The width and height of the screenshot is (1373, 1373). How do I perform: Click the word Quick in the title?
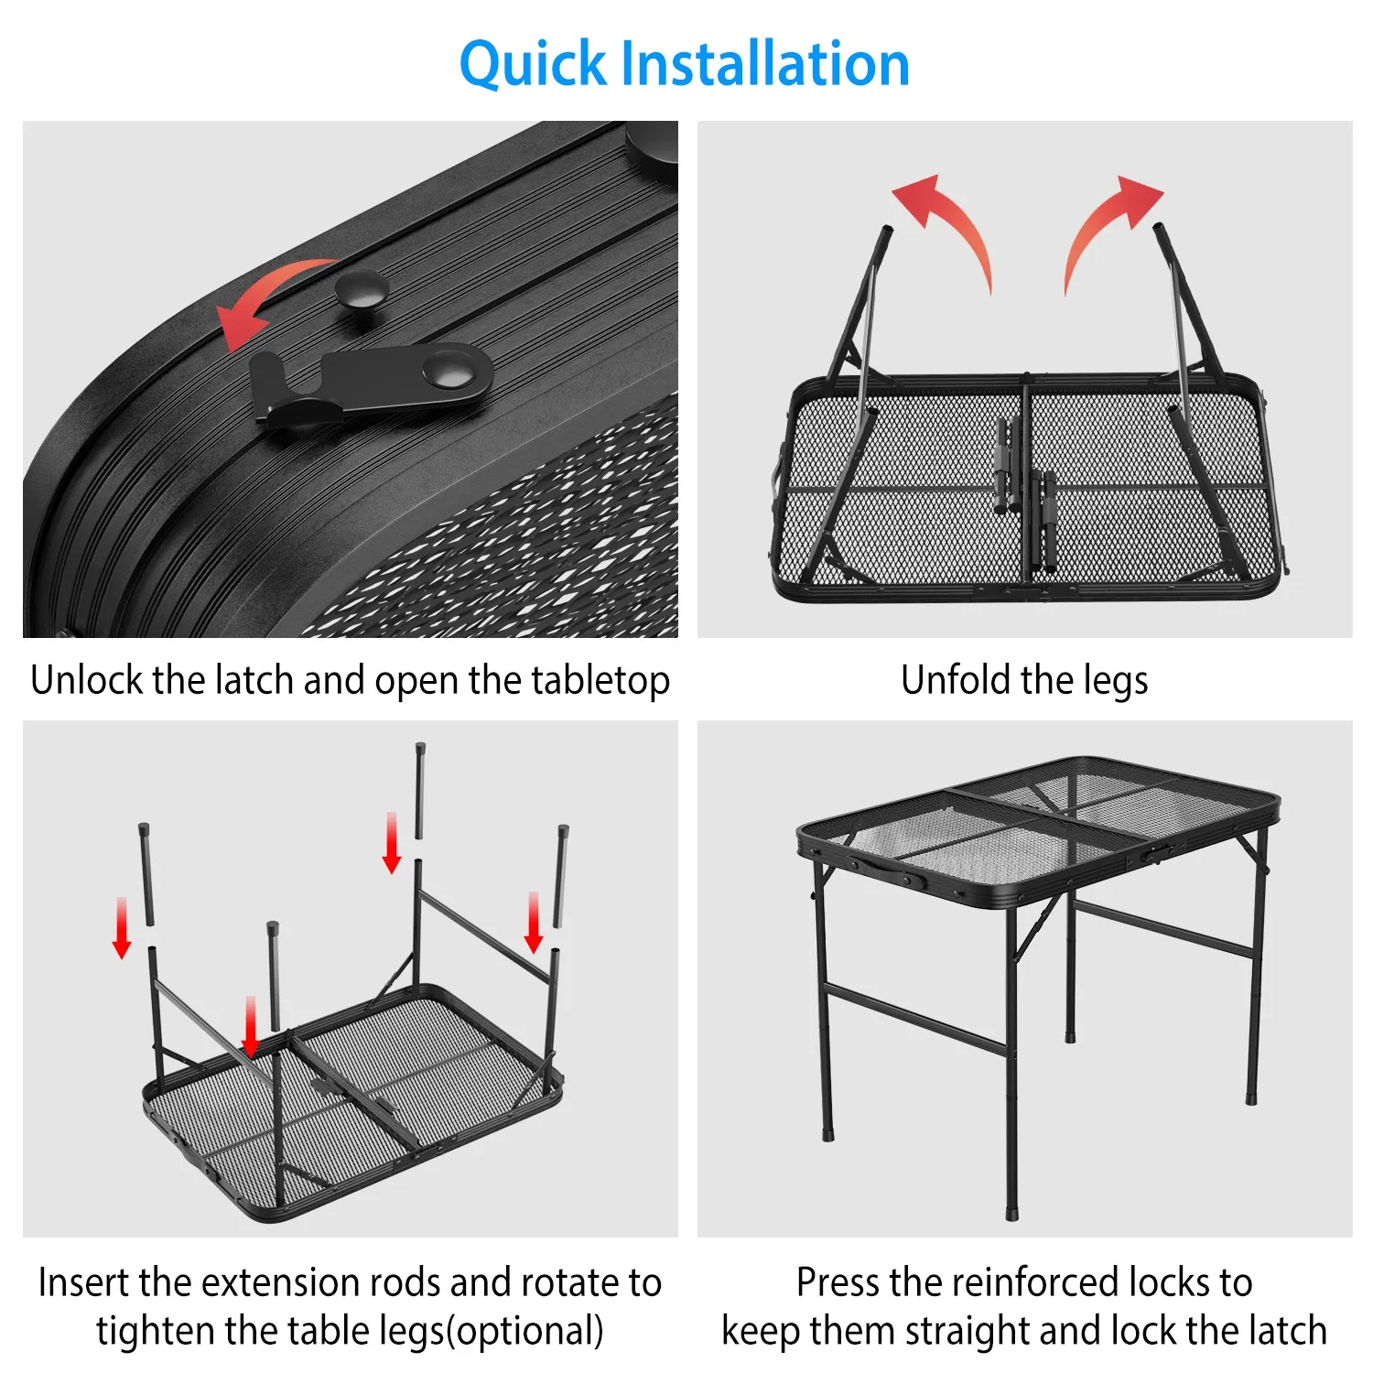532,65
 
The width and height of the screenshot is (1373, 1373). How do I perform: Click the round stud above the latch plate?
362,289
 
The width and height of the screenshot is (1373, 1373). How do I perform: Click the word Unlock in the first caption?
88,680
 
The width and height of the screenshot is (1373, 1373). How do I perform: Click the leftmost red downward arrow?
122,928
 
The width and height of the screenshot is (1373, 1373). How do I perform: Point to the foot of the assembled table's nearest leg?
1012,1213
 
